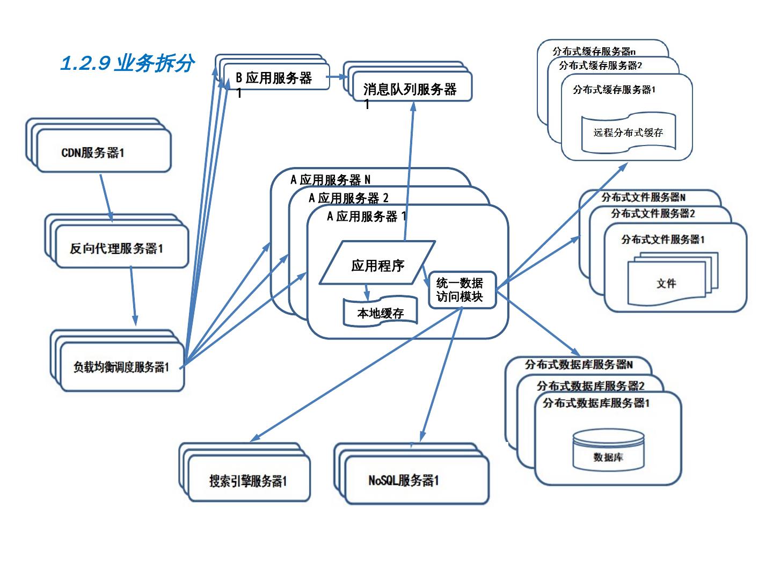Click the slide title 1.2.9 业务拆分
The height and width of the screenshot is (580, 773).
click(127, 64)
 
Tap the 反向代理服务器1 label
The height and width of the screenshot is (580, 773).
click(116, 248)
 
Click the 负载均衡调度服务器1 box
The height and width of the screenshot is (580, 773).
click(122, 367)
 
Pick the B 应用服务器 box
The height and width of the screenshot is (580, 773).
click(275, 78)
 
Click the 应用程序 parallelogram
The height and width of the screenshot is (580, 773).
click(377, 264)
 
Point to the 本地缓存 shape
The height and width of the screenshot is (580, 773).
click(381, 313)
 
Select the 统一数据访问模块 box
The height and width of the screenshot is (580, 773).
click(461, 289)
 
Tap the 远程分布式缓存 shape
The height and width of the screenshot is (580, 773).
click(628, 132)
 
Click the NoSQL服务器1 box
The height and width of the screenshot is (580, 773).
click(404, 480)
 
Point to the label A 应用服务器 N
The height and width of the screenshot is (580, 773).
click(330, 179)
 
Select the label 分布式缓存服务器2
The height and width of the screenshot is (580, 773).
click(600, 66)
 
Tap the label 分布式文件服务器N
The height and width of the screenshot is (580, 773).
click(643, 198)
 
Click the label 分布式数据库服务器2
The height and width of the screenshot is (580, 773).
click(590, 386)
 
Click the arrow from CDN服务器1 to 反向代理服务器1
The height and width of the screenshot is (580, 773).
click(106, 196)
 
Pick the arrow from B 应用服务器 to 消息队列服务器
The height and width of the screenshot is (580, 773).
click(337, 77)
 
